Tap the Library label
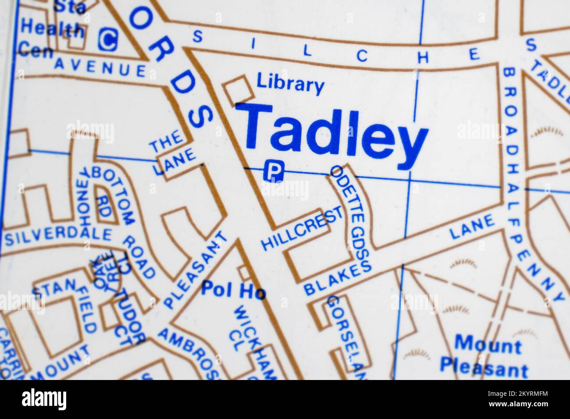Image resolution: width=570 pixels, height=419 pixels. tap(290, 84)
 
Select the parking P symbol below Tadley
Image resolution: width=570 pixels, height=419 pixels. tap(273, 170)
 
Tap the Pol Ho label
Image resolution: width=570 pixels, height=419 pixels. tap(233, 290)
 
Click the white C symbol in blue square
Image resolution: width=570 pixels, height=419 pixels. tap(107, 39)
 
